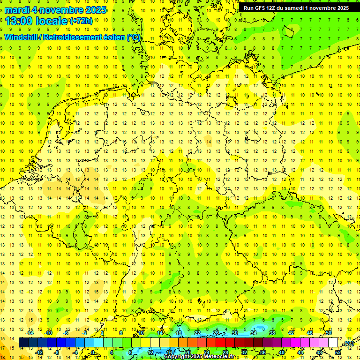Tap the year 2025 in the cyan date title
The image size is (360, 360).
[x=93, y=10]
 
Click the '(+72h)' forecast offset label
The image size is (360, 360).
[x=81, y=21]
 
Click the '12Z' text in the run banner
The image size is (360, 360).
[x=275, y=8]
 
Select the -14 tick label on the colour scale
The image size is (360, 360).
[x=31, y=333]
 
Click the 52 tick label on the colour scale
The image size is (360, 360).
[x=338, y=352]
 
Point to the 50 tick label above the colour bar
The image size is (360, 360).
[x=329, y=333]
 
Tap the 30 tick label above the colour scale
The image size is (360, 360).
[x=235, y=333]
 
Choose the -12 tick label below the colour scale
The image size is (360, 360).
[x=40, y=352]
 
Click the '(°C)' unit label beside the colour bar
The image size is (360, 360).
[x=348, y=343]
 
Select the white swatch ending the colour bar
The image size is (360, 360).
[x=333, y=343]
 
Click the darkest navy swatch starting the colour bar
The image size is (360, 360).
[x=23, y=343]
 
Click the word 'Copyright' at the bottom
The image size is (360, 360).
[x=177, y=357]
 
